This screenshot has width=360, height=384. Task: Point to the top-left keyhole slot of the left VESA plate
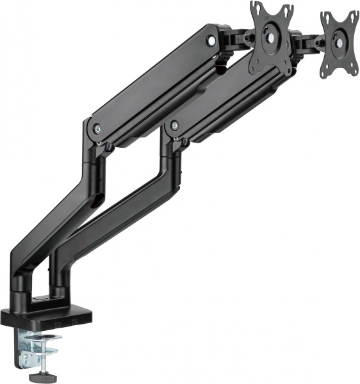point(254,7)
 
